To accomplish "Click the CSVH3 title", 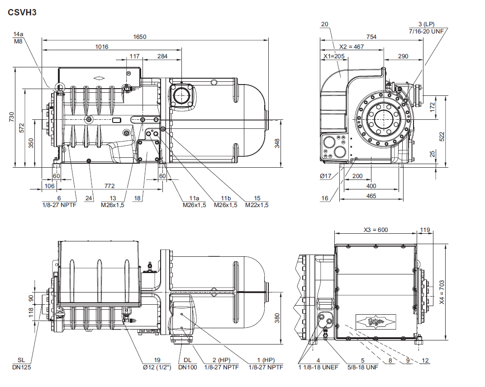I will click(x=22, y=12).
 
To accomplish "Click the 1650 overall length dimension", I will click(x=140, y=37).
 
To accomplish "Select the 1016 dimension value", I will click(x=102, y=46).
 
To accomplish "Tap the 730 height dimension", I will click(x=12, y=117).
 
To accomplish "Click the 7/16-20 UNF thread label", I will click(x=426, y=31).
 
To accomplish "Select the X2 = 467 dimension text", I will click(x=352, y=47).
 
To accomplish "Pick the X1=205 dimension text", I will click(x=334, y=56).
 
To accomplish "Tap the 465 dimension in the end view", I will click(x=371, y=196).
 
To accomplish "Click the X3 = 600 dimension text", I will click(x=376, y=230).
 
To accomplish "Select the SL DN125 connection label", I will click(x=21, y=363).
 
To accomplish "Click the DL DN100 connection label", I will click(x=187, y=363).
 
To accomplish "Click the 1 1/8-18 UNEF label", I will click(x=318, y=367).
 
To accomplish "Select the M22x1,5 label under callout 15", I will click(x=257, y=205).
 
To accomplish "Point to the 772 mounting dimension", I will click(x=109, y=186).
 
